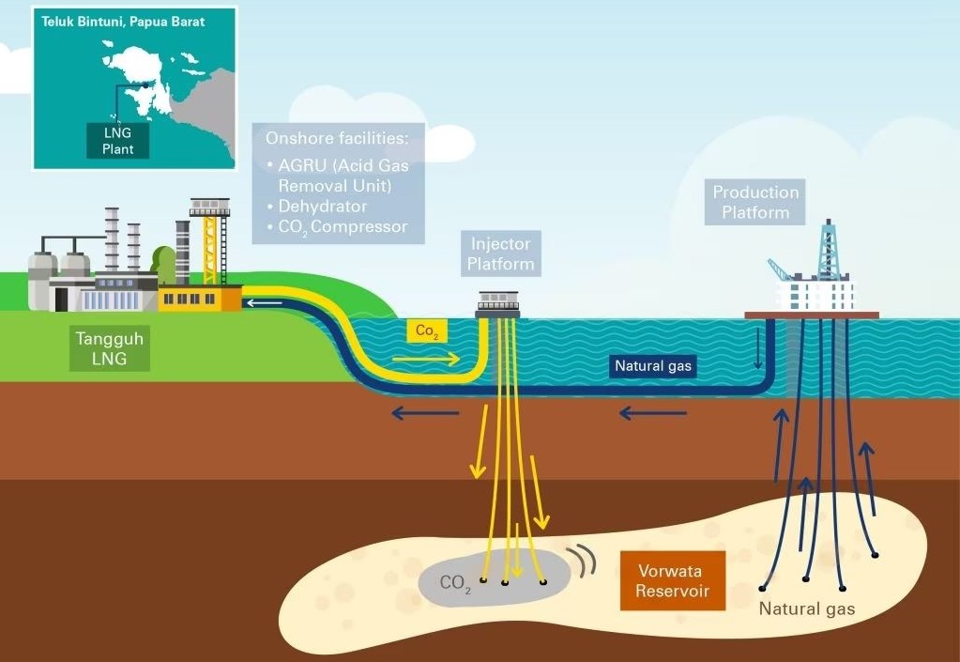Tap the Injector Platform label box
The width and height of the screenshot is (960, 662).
[x=501, y=254]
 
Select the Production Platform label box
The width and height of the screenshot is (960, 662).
[x=755, y=202]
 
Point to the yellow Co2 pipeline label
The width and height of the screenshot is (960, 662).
[x=427, y=331]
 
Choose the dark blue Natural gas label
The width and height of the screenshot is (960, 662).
[x=651, y=366]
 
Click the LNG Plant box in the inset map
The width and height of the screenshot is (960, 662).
[x=118, y=141]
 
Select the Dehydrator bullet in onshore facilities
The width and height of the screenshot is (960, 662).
[x=322, y=206]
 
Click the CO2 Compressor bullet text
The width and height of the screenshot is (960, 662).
[x=343, y=226]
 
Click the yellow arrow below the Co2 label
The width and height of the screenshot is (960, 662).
[x=426, y=358]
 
